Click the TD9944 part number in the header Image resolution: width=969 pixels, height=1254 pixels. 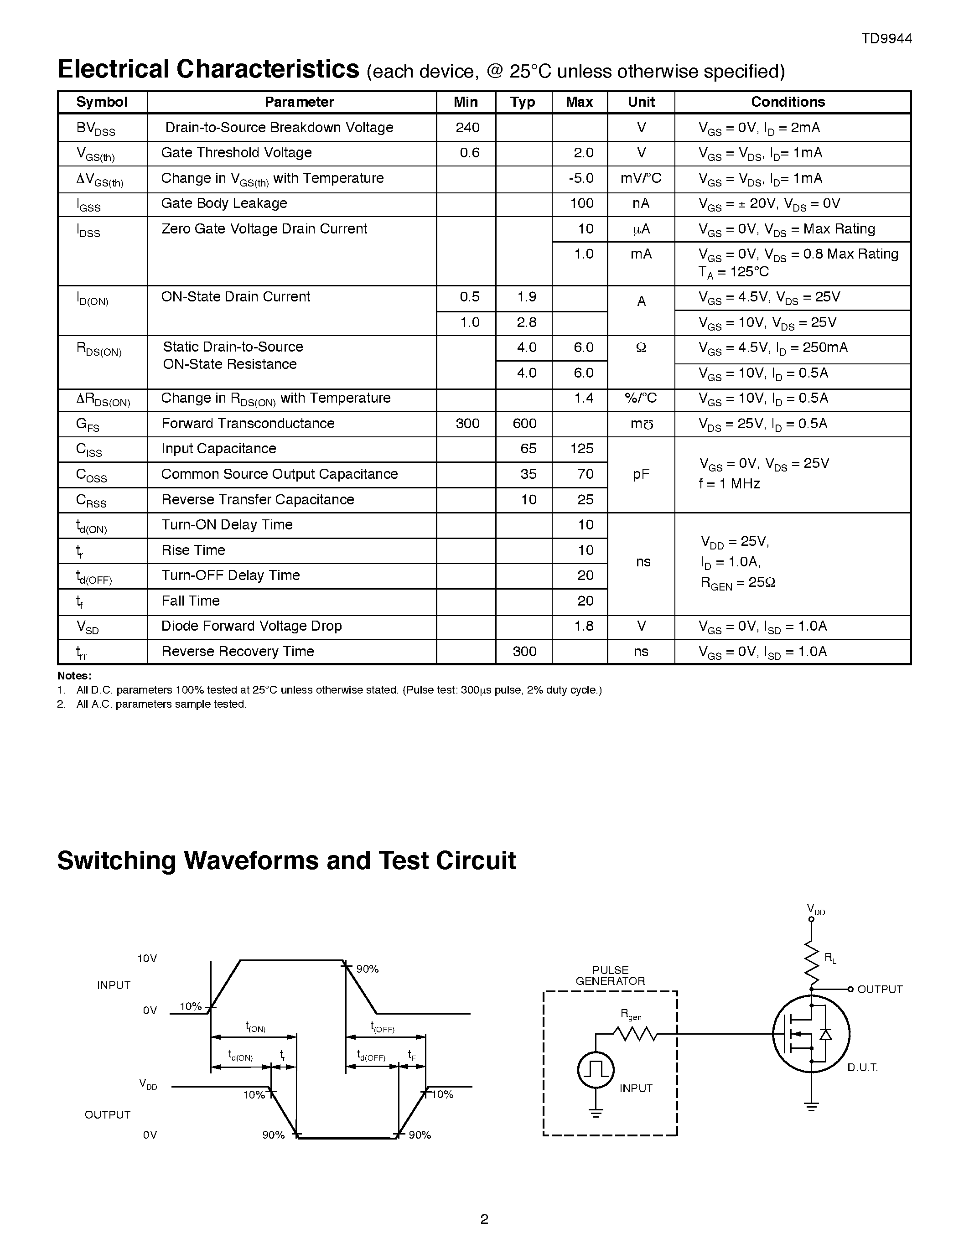click(886, 38)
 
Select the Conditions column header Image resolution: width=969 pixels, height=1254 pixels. click(788, 102)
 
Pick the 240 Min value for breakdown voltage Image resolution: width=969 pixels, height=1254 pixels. click(467, 128)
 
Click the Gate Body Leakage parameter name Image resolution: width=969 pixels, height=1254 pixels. click(224, 203)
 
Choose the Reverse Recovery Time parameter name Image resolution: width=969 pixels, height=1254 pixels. click(238, 652)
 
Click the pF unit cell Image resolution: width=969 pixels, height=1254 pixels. click(641, 474)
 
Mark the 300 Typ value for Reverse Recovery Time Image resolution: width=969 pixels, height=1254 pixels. click(524, 652)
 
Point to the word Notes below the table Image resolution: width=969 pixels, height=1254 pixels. click(74, 676)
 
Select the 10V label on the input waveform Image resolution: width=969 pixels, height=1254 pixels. click(147, 959)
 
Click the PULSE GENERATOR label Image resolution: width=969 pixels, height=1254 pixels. click(610, 975)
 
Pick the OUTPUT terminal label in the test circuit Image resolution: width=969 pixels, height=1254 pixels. click(880, 990)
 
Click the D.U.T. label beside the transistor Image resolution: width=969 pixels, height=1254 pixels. click(862, 1067)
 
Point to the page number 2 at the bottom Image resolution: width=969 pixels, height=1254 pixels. click(484, 1219)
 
